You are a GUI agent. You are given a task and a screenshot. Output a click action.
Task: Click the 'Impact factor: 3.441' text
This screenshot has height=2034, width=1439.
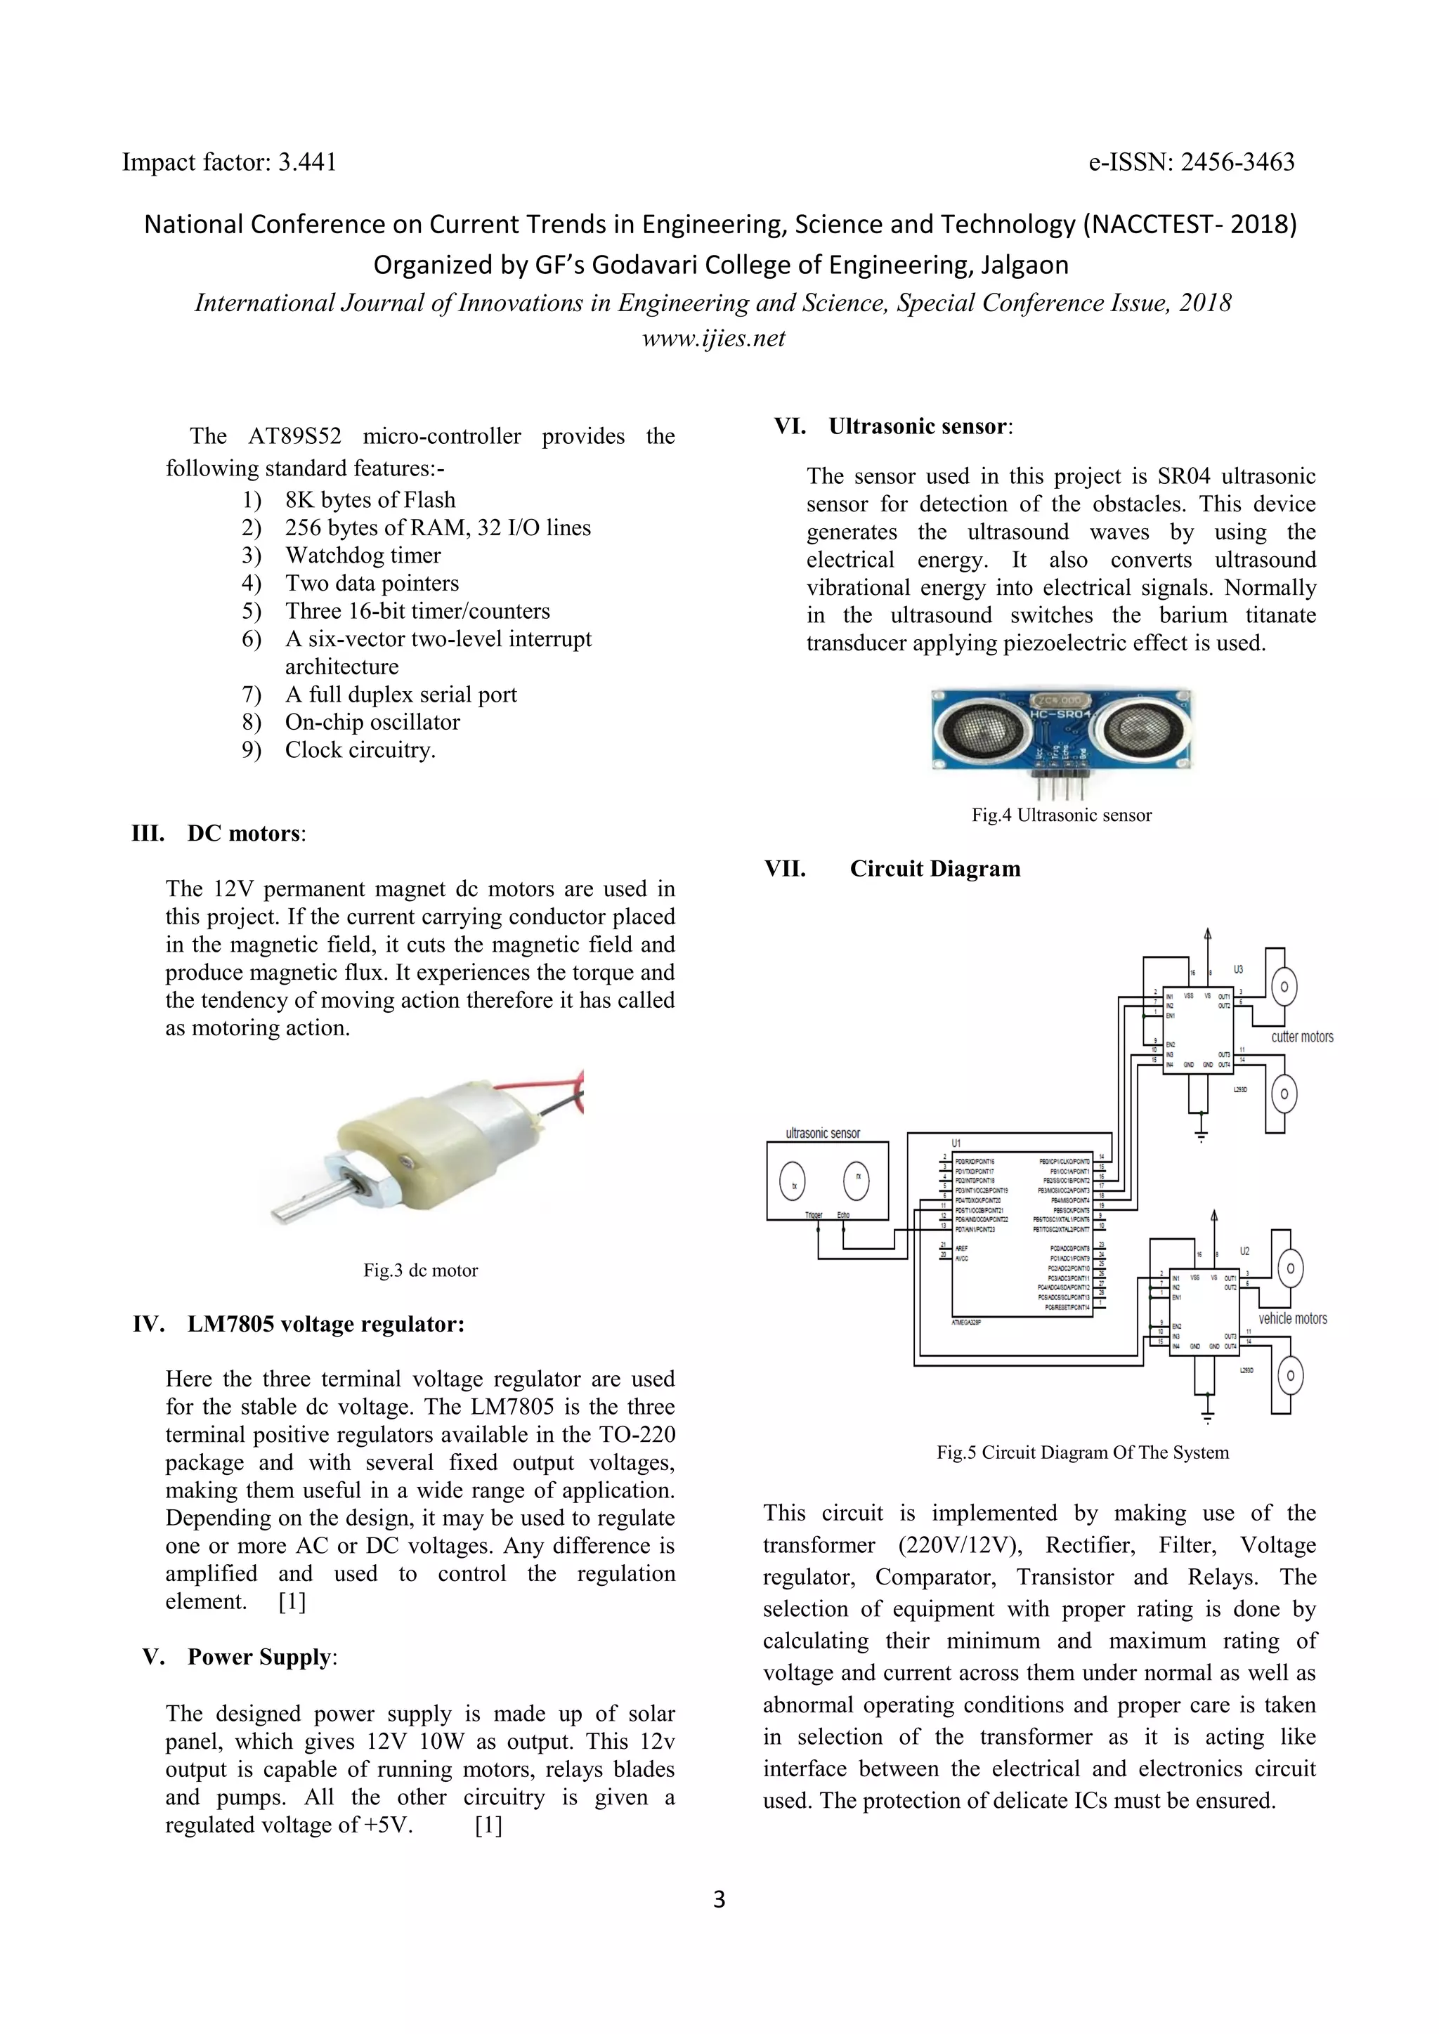pyautogui.click(x=228, y=162)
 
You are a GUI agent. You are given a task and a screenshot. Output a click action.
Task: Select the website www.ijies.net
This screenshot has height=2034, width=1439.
pyautogui.click(x=713, y=339)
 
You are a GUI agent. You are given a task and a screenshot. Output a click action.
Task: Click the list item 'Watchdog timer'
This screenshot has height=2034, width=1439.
pyautogui.click(x=363, y=556)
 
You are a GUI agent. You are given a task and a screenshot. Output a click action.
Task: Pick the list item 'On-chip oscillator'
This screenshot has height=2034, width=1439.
pyautogui.click(x=372, y=722)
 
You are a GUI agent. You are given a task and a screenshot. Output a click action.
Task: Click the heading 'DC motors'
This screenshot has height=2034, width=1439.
pyautogui.click(x=244, y=834)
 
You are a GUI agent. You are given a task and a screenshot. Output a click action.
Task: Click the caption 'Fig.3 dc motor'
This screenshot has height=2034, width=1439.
pyautogui.click(x=420, y=1271)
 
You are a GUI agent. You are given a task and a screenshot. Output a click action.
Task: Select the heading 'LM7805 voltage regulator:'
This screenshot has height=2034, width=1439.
pyautogui.click(x=325, y=1325)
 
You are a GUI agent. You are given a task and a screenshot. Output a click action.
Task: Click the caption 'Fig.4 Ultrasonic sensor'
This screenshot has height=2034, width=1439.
pyautogui.click(x=1062, y=815)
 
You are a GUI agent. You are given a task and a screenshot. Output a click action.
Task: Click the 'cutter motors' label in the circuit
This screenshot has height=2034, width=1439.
pyautogui.click(x=1302, y=1037)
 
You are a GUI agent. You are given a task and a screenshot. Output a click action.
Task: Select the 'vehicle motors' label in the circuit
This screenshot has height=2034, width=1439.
pyautogui.click(x=1293, y=1318)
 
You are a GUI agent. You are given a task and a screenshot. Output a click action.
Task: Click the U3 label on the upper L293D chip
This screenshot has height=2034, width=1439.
pyautogui.click(x=1238, y=970)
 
